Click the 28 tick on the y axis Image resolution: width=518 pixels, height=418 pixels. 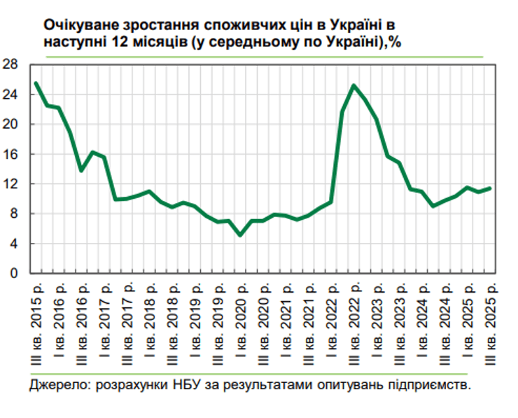pos(11,65)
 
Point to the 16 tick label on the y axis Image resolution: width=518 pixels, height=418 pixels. pos(11,154)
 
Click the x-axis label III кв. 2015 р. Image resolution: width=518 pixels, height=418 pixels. pos(36,322)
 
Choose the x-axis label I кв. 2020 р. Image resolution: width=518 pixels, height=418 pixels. pos(241,322)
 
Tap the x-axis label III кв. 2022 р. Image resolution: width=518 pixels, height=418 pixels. pos(354,322)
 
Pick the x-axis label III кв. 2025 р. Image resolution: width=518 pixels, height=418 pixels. pos(491,322)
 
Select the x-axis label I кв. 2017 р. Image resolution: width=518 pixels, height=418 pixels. pos(104,322)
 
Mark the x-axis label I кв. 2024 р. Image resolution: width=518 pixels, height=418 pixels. pos(423,322)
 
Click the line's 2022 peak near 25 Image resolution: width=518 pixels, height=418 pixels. pos(354,85)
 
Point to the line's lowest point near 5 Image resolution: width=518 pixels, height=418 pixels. pos(241,235)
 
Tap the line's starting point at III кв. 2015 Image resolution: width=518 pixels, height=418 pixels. pos(36,84)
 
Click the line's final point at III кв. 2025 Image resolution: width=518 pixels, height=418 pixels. pos(490,188)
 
